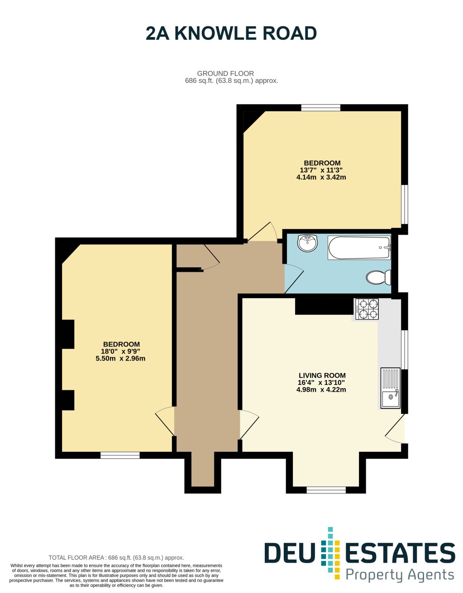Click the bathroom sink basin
308,242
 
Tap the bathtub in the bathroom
359,248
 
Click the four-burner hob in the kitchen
367,309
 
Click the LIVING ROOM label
322,375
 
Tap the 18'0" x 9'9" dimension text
120,351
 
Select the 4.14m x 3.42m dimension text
321,177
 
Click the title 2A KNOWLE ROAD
231,33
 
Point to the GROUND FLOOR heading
225,73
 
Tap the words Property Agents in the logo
400,575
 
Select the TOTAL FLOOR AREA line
116,558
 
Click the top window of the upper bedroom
321,108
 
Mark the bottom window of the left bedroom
120,455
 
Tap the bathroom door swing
294,278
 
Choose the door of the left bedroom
165,421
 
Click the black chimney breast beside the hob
325,306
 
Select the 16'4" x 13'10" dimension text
321,383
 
